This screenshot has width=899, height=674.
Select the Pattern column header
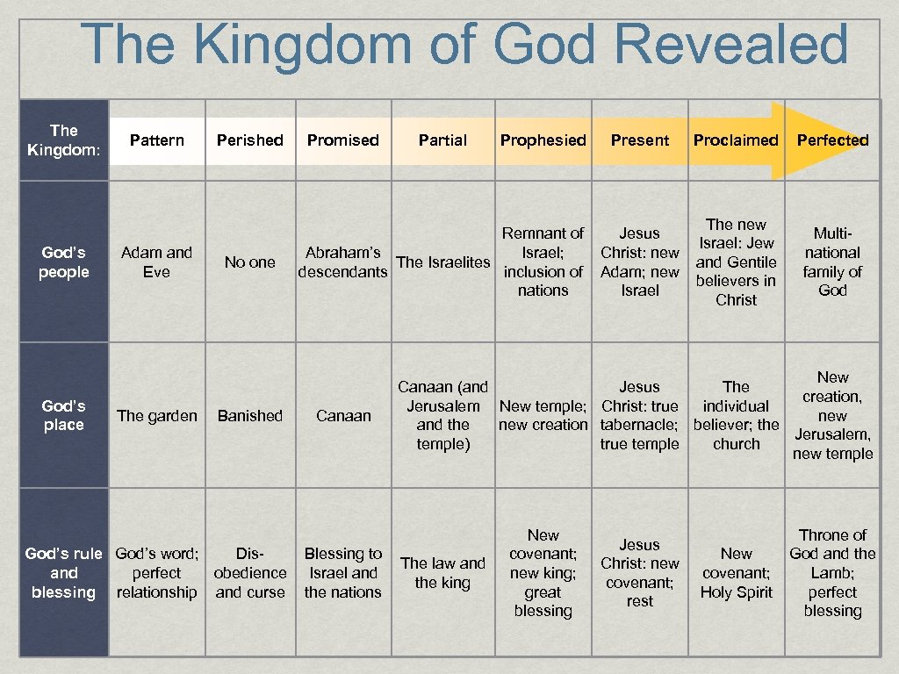click(156, 140)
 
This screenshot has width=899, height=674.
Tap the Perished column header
click(250, 140)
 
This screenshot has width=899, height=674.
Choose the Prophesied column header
click(543, 140)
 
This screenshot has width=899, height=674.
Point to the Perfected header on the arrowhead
click(832, 140)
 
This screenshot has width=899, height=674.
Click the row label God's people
click(64, 262)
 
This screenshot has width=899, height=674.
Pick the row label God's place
click(64, 415)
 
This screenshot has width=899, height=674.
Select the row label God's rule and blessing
click(64, 573)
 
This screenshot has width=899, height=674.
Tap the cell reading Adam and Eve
click(156, 262)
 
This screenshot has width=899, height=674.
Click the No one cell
click(250, 262)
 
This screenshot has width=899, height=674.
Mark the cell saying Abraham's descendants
click(342, 262)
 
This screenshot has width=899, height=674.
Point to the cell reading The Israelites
click(443, 262)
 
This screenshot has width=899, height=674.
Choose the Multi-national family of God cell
click(832, 262)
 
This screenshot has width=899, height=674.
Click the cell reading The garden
click(156, 416)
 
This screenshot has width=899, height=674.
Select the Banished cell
click(250, 416)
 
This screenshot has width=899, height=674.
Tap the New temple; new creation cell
click(543, 416)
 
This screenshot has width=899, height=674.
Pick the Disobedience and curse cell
click(250, 573)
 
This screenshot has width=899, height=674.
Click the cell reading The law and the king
click(442, 573)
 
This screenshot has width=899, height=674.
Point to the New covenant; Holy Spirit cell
click(736, 573)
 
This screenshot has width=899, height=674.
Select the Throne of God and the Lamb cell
click(832, 573)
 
